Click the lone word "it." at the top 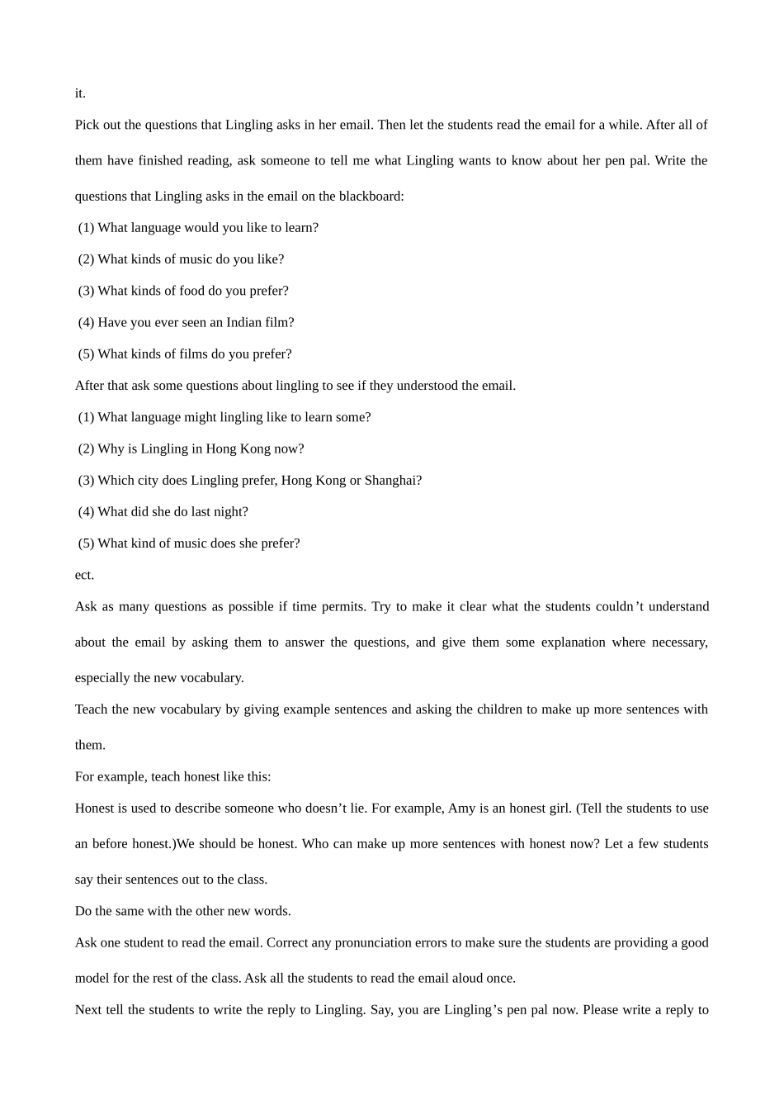tap(80, 93)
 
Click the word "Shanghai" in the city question tap(392, 481)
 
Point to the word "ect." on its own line tap(84, 576)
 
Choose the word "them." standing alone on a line tap(90, 746)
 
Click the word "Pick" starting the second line tap(87, 126)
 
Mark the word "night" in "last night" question tap(230, 512)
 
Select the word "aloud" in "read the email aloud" tap(466, 979)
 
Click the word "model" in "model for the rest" tap(92, 979)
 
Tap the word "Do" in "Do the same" tap(83, 912)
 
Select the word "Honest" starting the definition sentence tap(95, 809)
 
